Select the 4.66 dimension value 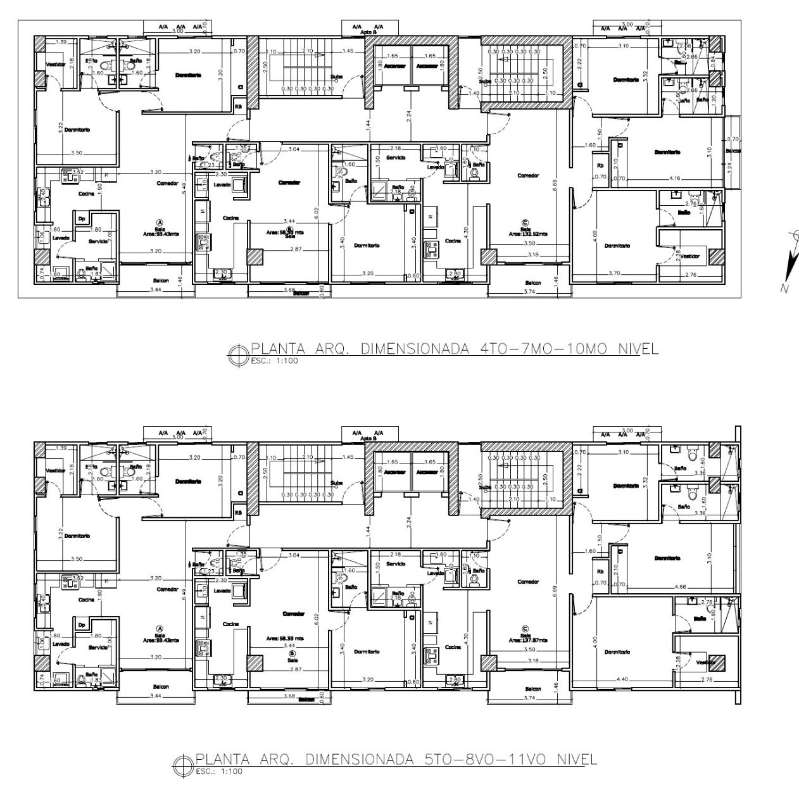tap(681, 587)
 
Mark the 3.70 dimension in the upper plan tap(614, 274)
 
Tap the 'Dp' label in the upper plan tap(81, 218)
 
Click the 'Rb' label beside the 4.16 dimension tap(600, 167)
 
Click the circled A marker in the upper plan tap(160, 221)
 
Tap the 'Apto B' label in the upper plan tap(368, 32)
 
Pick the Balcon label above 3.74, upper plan tap(533, 283)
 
